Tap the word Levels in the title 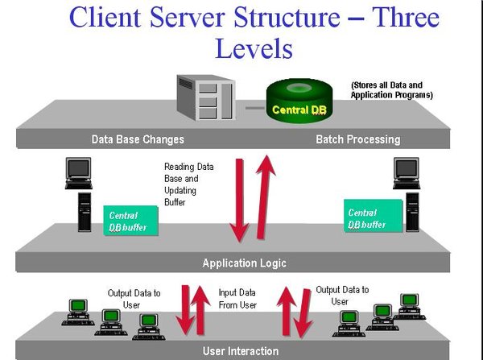(253, 50)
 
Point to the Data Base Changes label (138, 139)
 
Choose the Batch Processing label (357, 139)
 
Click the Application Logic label (244, 263)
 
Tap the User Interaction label (240, 351)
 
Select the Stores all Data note (392, 89)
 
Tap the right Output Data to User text (342, 295)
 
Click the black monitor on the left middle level (78, 170)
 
